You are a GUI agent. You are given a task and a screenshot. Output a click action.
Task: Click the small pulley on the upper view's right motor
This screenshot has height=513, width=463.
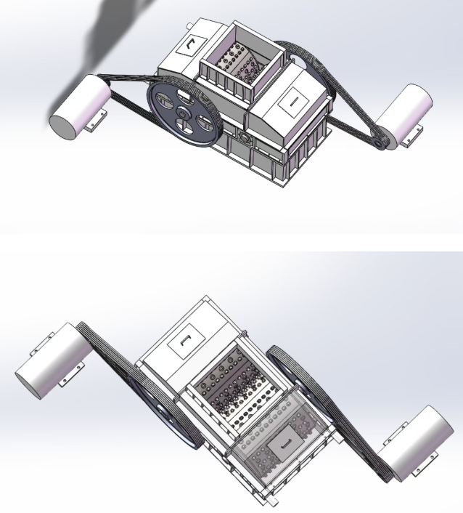pyautogui.click(x=379, y=144)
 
